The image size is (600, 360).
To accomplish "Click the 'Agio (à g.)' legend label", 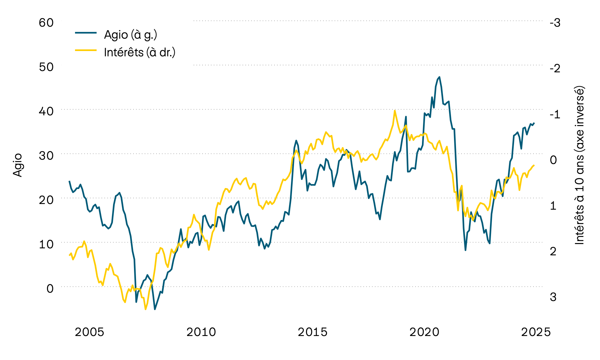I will [130, 35].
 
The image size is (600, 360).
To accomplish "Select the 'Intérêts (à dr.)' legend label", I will [140, 52].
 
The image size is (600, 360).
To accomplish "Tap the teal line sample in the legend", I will [86, 33].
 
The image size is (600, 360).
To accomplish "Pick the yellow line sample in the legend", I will [86, 50].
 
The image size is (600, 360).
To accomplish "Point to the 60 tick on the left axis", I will [46, 23].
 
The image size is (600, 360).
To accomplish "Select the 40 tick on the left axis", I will [46, 111].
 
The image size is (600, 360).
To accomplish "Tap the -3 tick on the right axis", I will [555, 23].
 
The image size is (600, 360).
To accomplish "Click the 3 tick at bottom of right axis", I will [553, 297].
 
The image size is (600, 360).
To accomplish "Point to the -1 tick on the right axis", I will [555, 114].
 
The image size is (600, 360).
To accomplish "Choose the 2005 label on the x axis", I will [89, 332].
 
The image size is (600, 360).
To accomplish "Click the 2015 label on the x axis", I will [313, 332].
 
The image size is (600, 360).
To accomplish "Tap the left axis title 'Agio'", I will [18, 165].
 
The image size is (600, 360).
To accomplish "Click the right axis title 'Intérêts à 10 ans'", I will [580, 165].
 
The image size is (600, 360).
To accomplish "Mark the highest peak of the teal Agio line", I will [439, 77].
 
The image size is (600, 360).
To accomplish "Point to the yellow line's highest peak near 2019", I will [395, 111].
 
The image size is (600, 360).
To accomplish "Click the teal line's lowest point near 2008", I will [155, 309].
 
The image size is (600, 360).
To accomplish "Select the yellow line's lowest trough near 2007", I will [145, 309].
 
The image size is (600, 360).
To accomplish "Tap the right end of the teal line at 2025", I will [534, 123].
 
